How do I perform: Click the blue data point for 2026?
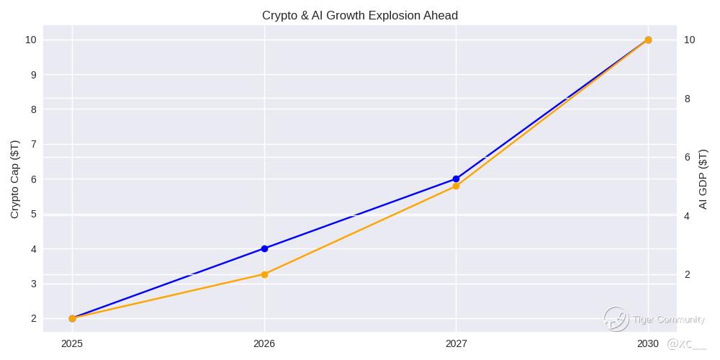pos(264,248)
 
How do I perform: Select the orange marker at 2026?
pos(264,274)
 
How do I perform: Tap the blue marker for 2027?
pos(456,179)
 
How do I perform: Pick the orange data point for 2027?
pos(456,186)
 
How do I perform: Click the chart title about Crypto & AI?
pos(359,15)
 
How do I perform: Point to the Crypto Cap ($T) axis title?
pos(15,179)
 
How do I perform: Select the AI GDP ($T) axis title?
pos(703,179)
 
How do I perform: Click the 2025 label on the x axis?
pos(72,344)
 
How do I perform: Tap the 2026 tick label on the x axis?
pos(264,344)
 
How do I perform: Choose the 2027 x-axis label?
pos(456,344)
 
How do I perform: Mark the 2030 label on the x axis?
pos(647,344)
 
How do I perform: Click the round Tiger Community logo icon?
pos(616,319)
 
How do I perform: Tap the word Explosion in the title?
pos(389,15)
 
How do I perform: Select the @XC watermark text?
pos(686,345)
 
